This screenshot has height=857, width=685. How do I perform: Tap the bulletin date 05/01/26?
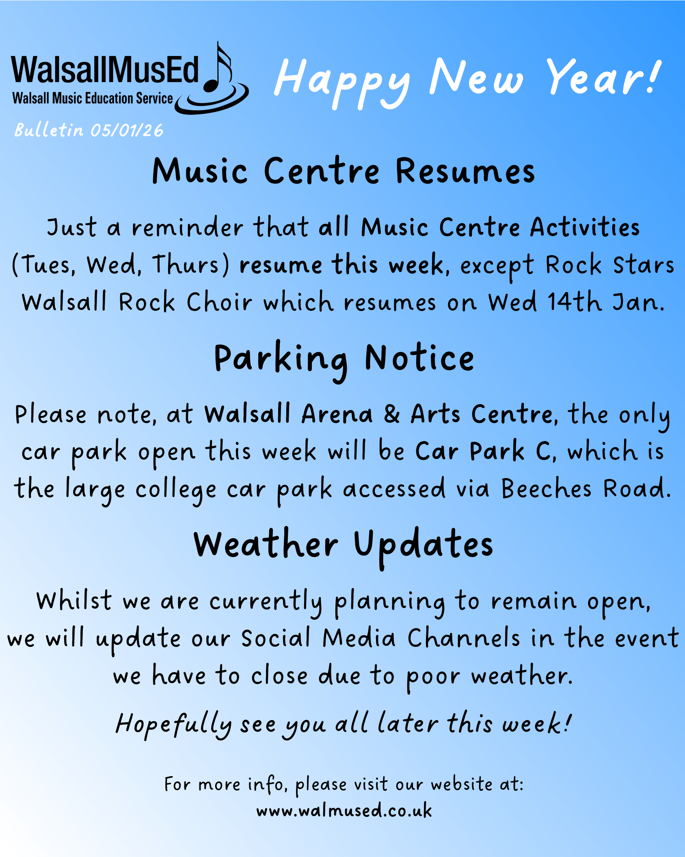click(127, 131)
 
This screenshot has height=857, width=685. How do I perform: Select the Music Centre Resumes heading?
click(344, 171)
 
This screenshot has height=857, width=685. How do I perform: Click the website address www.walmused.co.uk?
click(344, 810)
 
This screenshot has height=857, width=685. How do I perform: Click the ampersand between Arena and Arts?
click(391, 414)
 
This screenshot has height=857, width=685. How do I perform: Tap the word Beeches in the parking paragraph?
click(546, 488)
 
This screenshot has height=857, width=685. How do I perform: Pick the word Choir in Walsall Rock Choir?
click(219, 302)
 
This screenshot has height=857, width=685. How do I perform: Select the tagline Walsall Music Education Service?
click(93, 98)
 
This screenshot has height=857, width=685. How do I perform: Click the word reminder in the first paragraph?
click(188, 227)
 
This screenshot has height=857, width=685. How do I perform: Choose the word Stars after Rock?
click(644, 265)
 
